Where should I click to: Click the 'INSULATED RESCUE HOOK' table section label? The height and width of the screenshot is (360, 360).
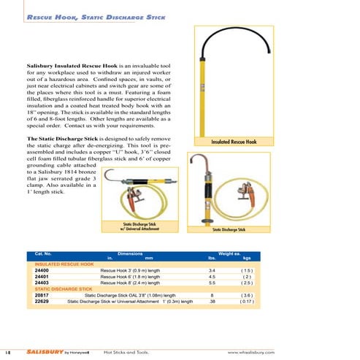point(64,264)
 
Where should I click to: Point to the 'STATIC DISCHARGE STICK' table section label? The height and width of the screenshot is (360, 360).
point(64,289)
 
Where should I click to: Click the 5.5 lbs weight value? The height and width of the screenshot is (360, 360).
point(212,283)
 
